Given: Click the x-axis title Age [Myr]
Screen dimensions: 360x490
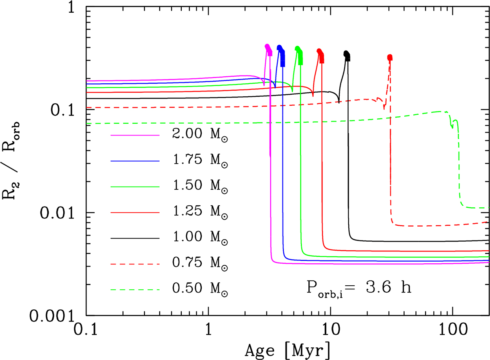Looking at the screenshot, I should [x=287, y=349].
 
